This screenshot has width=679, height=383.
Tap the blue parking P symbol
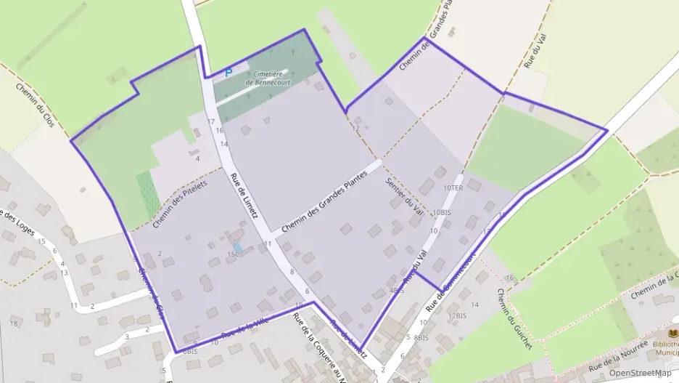coord(228,73)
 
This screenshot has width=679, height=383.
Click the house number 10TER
coord(452,188)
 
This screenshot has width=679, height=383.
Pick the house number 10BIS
coord(441,213)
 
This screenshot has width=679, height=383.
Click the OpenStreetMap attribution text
coord(640,373)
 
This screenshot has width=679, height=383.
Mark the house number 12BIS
coord(457,315)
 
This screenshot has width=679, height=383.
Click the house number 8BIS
coord(421,338)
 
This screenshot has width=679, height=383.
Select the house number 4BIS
coord(396,290)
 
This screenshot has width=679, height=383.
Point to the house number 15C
coord(233,254)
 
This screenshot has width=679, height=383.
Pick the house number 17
coord(211,121)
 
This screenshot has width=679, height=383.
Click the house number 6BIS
coord(189,351)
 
